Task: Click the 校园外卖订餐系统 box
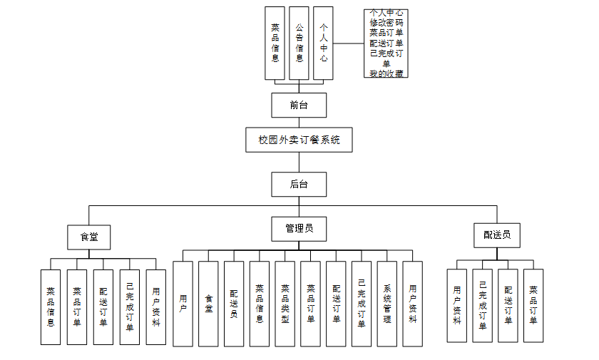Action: click(299, 140)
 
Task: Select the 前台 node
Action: click(299, 105)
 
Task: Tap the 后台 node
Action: click(299, 184)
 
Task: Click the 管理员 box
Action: click(299, 229)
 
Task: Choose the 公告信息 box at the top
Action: click(299, 43)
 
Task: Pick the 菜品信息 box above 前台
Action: click(275, 43)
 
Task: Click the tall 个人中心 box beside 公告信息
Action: click(324, 43)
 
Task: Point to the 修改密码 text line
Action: click(386, 23)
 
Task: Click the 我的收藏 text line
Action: click(386, 73)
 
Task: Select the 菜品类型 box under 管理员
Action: click(285, 304)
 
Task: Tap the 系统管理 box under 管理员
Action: click(387, 304)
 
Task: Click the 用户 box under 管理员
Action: click(183, 304)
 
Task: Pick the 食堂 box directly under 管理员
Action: click(208, 304)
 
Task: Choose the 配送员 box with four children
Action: click(496, 234)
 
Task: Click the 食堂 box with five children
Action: click(89, 237)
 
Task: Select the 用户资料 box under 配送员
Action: click(456, 305)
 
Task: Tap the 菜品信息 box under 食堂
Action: click(51, 307)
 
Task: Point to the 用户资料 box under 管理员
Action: click(413, 304)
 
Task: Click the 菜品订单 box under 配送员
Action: click(533, 305)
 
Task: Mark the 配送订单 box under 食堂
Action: click(103, 307)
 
